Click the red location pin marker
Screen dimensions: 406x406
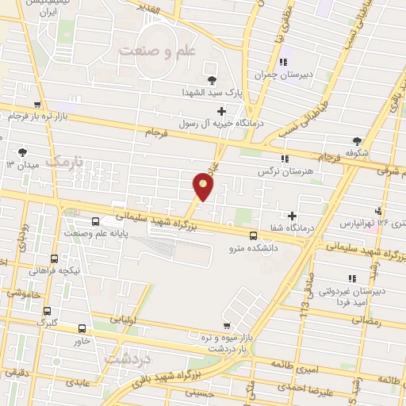tap(204, 187)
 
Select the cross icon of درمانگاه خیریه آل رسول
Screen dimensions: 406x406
tap(221, 111)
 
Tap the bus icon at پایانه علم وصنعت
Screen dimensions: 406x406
tap(96, 222)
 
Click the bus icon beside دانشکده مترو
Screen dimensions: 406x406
tap(253, 235)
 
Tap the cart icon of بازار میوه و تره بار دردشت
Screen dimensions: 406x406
tap(227, 325)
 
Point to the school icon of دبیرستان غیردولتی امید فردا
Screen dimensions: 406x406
tap(352, 277)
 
